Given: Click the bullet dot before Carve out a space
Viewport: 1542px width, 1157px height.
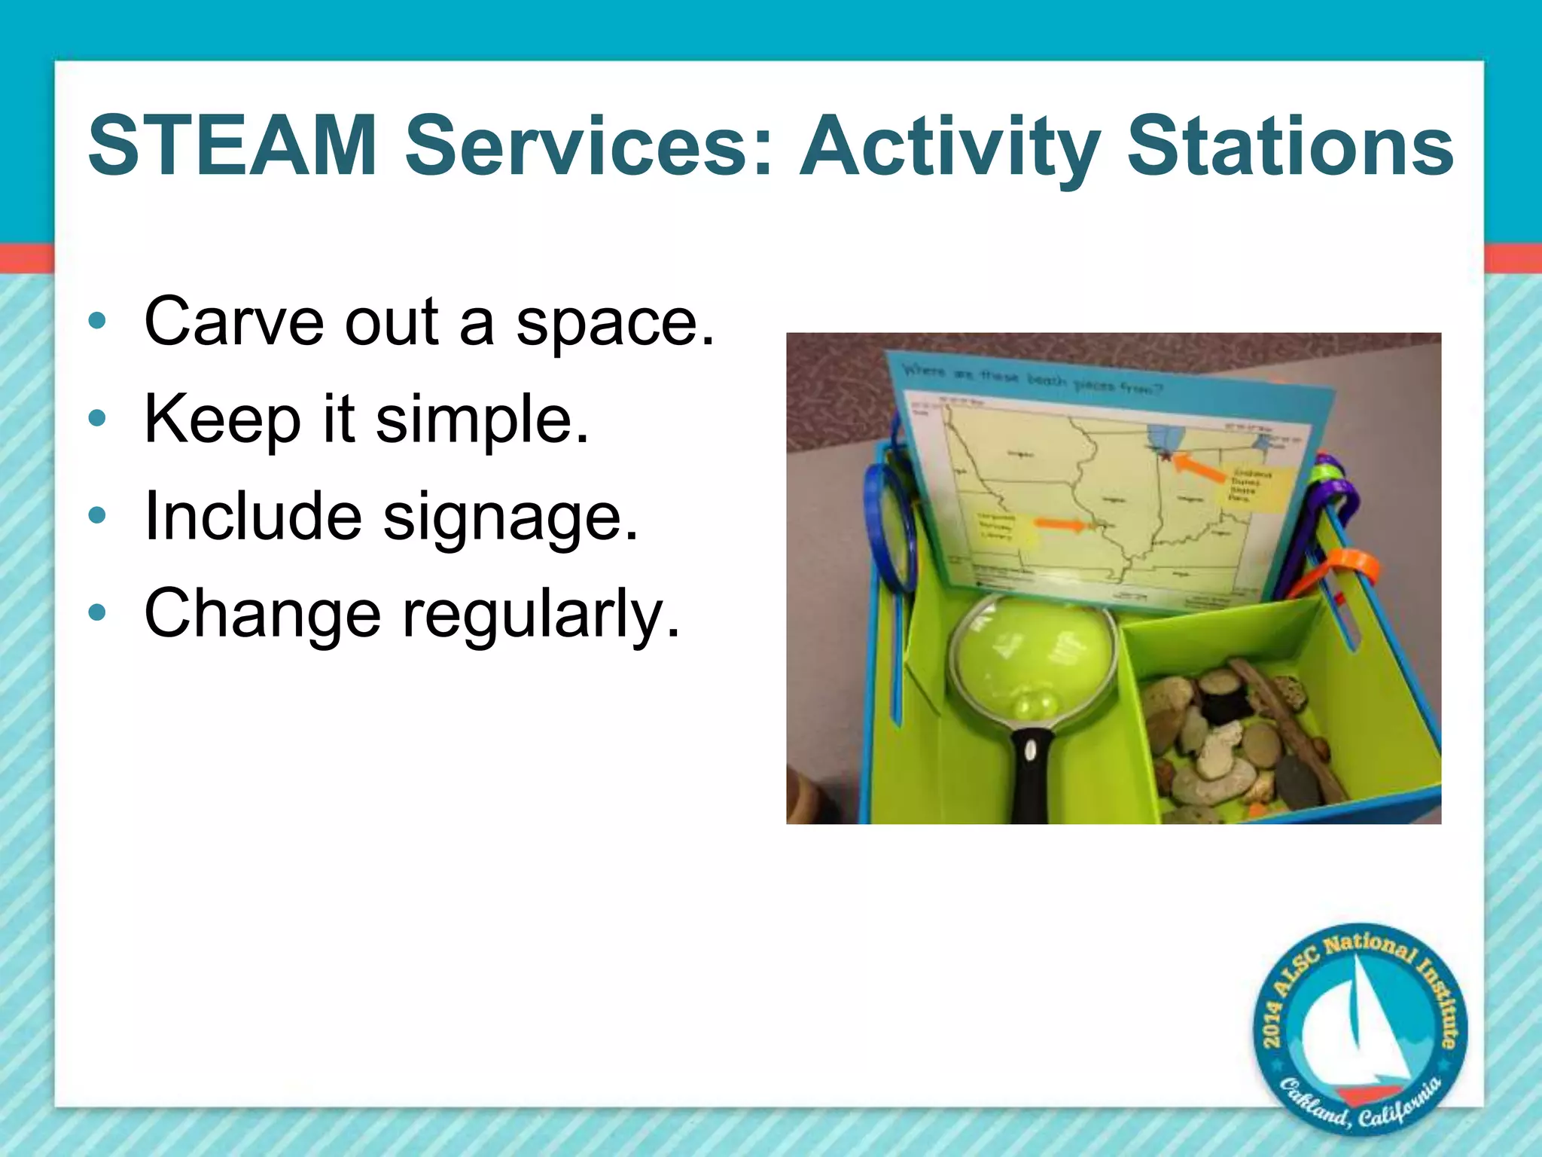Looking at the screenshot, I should (x=96, y=322).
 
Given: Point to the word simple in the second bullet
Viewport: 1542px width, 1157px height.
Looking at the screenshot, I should (x=482, y=420).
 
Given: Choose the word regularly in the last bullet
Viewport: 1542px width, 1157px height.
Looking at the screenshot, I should (x=541, y=615).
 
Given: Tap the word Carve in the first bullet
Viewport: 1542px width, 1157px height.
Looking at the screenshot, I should (x=233, y=322).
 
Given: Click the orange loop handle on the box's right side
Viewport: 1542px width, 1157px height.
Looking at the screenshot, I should (x=1348, y=569).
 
